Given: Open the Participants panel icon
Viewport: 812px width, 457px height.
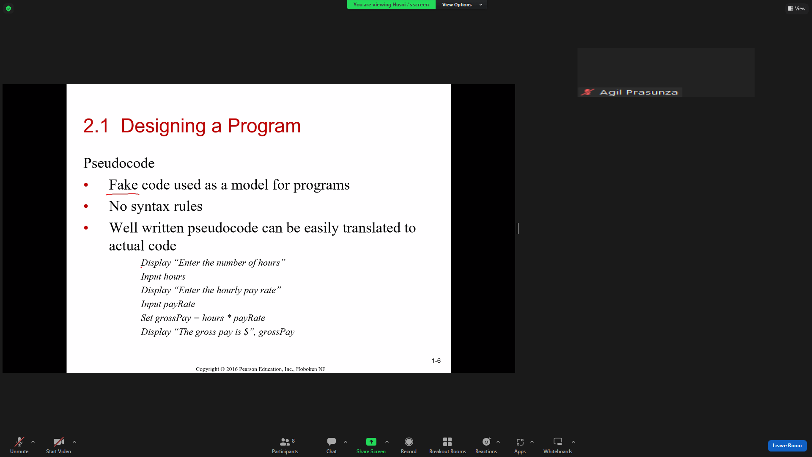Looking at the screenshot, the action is point(285,442).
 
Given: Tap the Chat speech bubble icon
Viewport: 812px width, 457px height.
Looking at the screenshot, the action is point(332,442).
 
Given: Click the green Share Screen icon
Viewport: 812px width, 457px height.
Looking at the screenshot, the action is point(371,442).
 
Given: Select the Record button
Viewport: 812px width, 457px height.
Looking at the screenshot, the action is point(409,442).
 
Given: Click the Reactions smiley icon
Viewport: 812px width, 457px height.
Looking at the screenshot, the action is point(486,442).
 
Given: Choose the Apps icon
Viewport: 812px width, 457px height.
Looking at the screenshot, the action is point(520,442).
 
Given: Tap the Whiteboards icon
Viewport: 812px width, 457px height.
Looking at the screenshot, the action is point(558,442).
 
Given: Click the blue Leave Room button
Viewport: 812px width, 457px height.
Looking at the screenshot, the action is point(787,446).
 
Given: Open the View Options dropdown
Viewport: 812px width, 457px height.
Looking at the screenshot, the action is point(461,5).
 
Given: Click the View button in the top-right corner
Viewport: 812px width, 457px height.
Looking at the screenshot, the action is point(797,8).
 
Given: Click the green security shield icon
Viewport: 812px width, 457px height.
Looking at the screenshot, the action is point(8,8).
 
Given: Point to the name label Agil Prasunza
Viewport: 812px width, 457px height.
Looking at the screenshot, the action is point(639,92).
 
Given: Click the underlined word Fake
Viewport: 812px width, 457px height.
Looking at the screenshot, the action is point(123,185).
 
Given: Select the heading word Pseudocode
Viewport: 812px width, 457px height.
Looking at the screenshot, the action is point(119,163).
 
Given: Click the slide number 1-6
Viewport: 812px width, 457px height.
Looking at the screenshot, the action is point(436,361).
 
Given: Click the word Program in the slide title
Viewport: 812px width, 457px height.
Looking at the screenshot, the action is point(264,126).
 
